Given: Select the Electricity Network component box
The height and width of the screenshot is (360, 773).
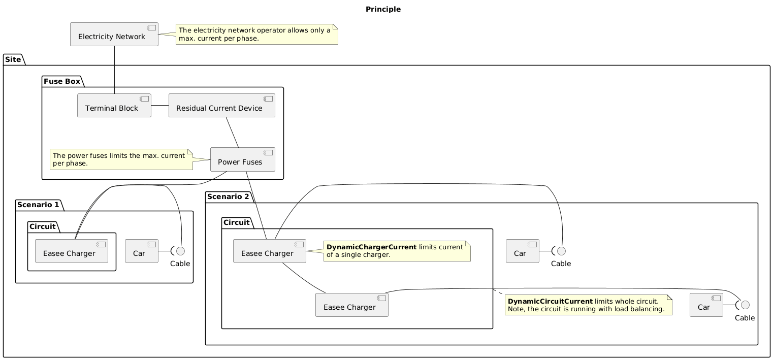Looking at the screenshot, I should pyautogui.click(x=114, y=35).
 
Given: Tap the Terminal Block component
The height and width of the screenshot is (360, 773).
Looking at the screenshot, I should pyautogui.click(x=114, y=106).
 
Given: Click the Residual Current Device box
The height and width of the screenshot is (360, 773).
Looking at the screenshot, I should pyautogui.click(x=221, y=106).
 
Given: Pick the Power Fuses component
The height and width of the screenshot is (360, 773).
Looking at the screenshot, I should pyautogui.click(x=242, y=159).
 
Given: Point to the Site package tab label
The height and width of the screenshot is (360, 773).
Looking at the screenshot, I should pyautogui.click(x=13, y=59).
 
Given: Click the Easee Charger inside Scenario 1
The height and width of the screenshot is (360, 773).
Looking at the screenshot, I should pyautogui.click(x=72, y=251).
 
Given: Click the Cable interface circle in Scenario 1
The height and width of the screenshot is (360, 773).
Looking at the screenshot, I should pyautogui.click(x=180, y=251).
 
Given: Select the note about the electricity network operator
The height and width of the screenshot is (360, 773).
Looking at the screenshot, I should pyautogui.click(x=256, y=35).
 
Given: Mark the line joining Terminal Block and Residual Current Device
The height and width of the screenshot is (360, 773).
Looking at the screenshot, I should pyautogui.click(x=159, y=106).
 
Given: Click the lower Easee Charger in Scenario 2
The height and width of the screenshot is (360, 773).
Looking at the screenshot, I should pyautogui.click(x=352, y=305).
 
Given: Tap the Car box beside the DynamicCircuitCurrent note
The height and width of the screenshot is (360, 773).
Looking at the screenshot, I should pyautogui.click(x=706, y=305).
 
